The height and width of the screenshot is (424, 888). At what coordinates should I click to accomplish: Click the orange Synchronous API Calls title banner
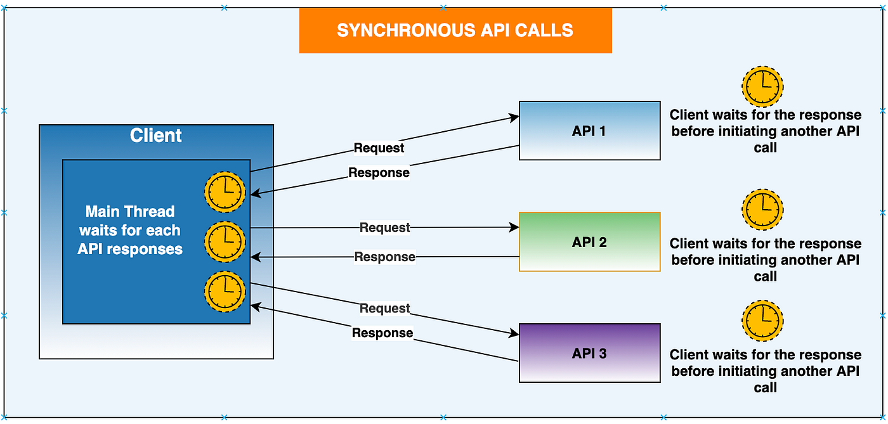coord(455,30)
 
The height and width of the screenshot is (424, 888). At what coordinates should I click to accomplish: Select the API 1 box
coord(589,131)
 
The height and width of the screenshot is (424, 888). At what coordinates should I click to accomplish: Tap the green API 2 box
coord(589,241)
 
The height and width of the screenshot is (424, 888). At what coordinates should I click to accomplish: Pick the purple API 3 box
coord(589,353)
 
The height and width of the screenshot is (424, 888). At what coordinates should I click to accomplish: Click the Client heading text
coord(156,136)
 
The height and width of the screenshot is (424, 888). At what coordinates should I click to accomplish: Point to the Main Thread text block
coord(130,230)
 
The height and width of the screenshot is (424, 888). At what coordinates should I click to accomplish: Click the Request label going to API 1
coord(379,148)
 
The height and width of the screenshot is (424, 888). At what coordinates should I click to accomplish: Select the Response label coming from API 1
coord(379,172)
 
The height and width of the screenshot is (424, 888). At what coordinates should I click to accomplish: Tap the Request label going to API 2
coord(384,228)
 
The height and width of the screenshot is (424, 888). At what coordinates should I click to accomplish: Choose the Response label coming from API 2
coord(384,257)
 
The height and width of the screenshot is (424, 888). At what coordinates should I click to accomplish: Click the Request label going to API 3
coord(384,308)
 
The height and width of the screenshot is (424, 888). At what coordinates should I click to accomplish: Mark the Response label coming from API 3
coord(382,333)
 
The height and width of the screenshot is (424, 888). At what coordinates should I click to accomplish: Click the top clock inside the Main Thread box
coord(225,192)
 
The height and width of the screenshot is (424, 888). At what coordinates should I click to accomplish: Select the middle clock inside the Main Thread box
coord(225,241)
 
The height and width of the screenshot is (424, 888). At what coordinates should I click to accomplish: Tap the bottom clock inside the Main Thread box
coord(225,292)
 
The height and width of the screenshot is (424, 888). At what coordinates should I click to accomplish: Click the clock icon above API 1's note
coord(762,86)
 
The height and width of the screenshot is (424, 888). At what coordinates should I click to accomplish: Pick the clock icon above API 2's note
coord(762,210)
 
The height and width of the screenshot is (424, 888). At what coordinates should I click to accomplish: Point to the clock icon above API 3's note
coord(762,321)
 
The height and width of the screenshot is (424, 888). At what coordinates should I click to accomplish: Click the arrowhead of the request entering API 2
coord(514,228)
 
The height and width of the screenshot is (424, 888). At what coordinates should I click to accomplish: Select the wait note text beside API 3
coord(765,371)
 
